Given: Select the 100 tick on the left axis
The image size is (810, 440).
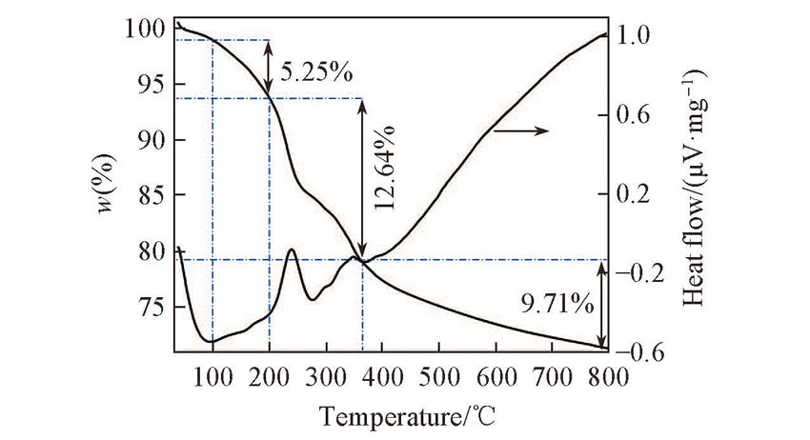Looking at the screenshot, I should coord(144,29).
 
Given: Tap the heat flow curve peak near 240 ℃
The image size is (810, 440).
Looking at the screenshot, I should coord(292,250).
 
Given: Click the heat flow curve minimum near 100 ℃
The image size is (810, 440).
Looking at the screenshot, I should coord(211,341).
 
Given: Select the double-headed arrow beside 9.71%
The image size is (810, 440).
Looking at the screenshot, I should coord(601,304).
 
